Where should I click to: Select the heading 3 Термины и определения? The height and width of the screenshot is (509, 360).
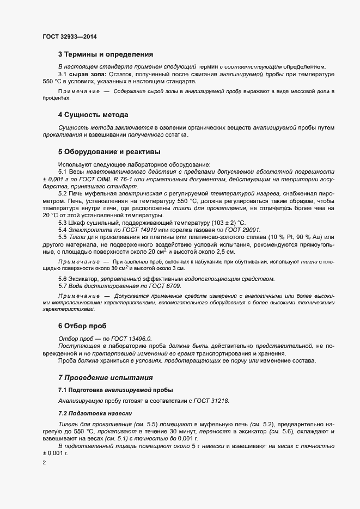tap(106, 54)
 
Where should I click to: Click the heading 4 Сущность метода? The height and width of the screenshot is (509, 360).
tap(93, 115)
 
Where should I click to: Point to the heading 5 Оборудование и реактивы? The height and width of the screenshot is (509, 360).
tap(109, 151)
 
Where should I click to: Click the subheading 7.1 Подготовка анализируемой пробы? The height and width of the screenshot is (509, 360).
tap(115, 390)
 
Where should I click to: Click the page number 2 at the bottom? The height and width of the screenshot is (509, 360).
tap(44, 463)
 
